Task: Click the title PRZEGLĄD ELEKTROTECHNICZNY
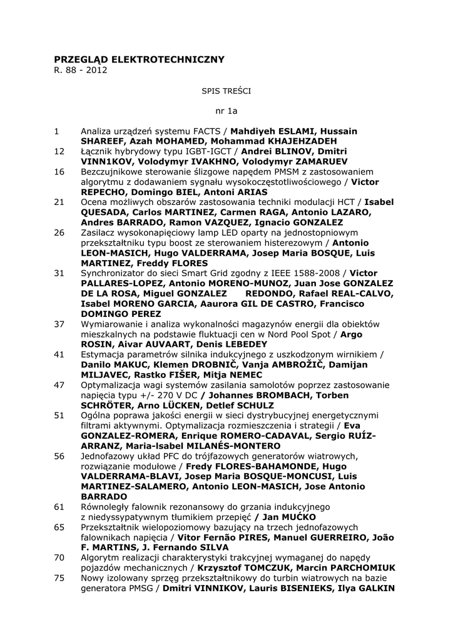pos(139,59)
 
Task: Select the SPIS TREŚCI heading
pos(226,91)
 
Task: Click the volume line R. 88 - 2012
pos(81,69)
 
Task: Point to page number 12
pos(59,151)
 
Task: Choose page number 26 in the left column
pos(59,232)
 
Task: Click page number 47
pos(59,385)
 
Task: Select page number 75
pos(59,578)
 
